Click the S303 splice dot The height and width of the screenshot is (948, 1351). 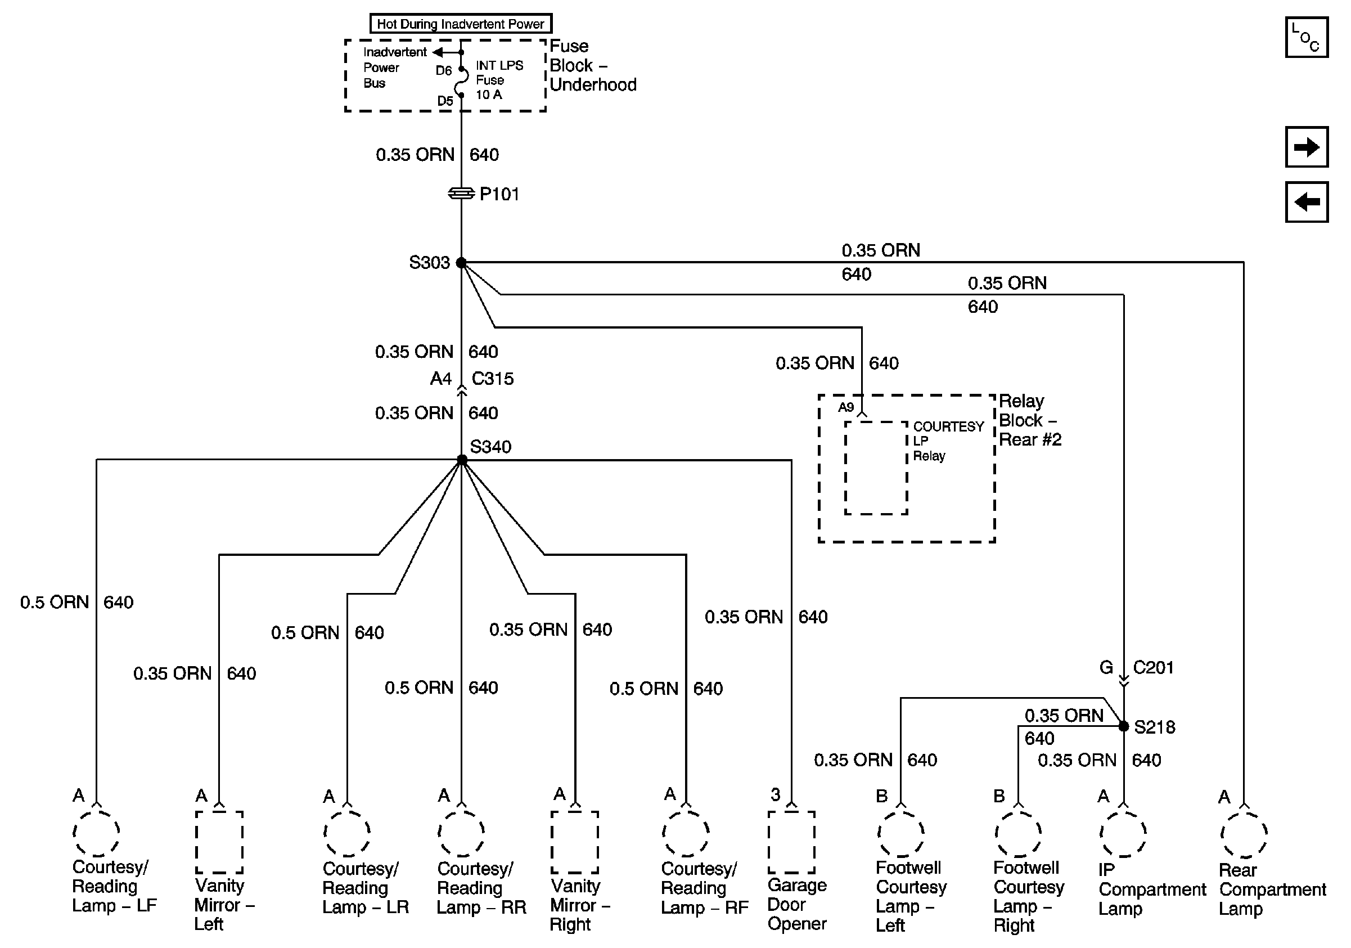pyautogui.click(x=461, y=262)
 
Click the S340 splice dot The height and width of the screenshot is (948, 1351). pyautogui.click(x=462, y=460)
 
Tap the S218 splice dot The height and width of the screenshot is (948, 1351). pyautogui.click(x=1123, y=726)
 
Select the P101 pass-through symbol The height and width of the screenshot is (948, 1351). pyautogui.click(x=461, y=193)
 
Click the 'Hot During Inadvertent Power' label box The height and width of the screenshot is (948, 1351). pyautogui.click(x=461, y=24)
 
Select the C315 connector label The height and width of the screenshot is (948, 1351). pyautogui.click(x=493, y=379)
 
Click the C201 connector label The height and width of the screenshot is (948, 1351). pyautogui.click(x=1153, y=667)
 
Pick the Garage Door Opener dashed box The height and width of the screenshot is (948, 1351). pyautogui.click(x=791, y=842)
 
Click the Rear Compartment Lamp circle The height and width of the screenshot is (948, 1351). pyautogui.click(x=1244, y=835)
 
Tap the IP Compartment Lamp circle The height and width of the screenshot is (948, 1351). pyautogui.click(x=1123, y=834)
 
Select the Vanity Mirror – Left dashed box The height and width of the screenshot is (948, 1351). pyautogui.click(x=219, y=842)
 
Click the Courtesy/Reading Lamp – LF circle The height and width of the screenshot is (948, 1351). pyautogui.click(x=97, y=833)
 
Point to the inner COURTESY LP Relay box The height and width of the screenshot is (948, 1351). pyautogui.click(x=876, y=468)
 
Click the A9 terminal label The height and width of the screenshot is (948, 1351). pyautogui.click(x=845, y=407)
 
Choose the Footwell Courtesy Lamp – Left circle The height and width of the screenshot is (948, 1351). pyautogui.click(x=901, y=834)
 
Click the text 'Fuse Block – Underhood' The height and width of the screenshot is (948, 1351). pyautogui.click(x=592, y=65)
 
